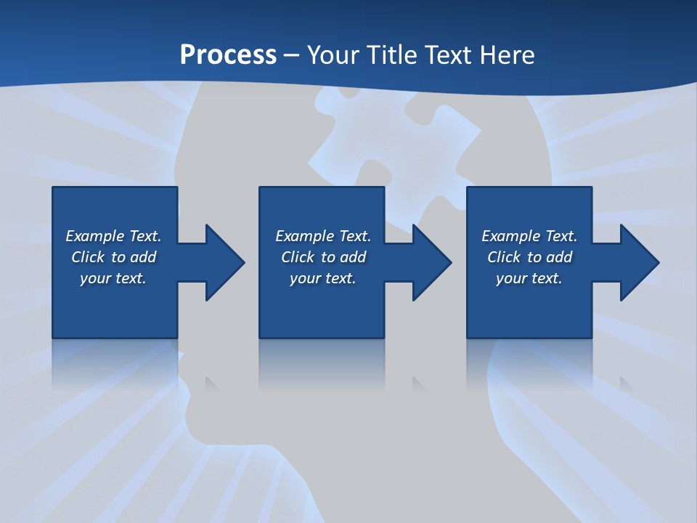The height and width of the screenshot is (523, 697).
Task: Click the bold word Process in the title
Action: (x=228, y=54)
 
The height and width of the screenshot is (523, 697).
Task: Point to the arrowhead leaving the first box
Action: (x=224, y=262)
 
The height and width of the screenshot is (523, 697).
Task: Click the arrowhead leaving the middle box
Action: (x=431, y=262)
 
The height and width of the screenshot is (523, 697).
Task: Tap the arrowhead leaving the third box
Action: (x=639, y=262)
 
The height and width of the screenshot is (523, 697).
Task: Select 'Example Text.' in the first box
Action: (x=113, y=236)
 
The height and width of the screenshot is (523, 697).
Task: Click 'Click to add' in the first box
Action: (x=113, y=257)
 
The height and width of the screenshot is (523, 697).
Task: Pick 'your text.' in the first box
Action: (x=113, y=278)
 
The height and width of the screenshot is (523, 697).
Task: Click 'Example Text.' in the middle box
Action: (x=322, y=236)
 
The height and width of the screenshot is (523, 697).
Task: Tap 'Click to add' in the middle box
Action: (x=322, y=257)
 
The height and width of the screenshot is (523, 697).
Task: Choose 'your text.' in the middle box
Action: (x=322, y=278)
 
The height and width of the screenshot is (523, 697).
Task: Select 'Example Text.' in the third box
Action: (x=529, y=236)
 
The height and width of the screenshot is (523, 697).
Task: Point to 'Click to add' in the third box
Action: (x=529, y=257)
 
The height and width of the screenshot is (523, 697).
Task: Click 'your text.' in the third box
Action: (x=529, y=278)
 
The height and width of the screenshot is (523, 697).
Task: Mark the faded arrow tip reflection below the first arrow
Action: (x=212, y=383)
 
